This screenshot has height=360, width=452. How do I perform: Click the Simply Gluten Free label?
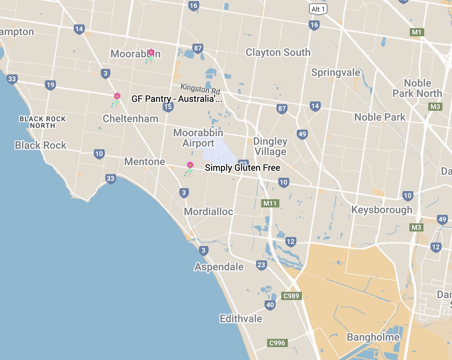242,168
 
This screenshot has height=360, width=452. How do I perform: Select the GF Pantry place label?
177,99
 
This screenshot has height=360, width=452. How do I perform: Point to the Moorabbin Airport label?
198,138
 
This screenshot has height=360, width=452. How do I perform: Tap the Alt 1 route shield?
318,10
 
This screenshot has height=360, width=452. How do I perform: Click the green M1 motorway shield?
417,32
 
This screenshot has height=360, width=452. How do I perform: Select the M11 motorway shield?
270,203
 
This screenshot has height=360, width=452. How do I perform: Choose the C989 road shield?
291,296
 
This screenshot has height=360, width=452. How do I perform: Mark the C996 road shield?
277,343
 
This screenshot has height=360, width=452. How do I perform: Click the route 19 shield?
50,85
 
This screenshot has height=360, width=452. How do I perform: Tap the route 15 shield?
168,107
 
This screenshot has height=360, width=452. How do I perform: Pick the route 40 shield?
270,305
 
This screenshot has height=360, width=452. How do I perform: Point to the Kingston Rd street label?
200,89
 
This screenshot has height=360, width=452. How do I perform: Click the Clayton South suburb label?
278,52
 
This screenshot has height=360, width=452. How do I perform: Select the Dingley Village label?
270,146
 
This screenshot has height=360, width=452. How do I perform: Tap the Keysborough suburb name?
382,210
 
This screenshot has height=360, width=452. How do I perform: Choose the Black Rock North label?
42,122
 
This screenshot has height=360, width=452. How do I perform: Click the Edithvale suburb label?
241,319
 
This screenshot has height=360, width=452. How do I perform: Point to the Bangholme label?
373,337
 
